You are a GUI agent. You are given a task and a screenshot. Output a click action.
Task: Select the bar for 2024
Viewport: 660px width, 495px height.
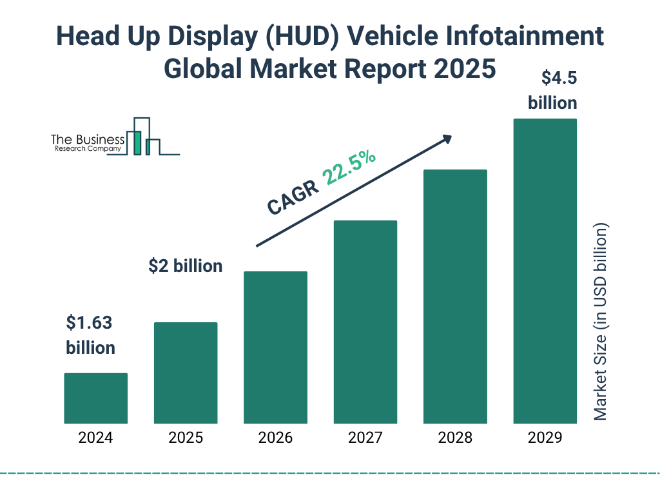95,398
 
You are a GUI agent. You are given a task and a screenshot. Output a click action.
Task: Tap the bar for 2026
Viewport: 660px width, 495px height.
275,347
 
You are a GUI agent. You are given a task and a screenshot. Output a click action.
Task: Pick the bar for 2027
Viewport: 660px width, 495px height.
365,322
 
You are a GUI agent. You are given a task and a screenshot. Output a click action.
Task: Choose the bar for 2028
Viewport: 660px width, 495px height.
455,296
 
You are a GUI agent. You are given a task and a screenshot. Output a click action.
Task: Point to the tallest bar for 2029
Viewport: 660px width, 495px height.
545,271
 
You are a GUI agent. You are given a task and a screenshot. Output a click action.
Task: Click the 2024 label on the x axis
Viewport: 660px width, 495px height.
95,438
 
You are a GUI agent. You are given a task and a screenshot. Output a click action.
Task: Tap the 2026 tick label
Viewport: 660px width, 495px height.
275,438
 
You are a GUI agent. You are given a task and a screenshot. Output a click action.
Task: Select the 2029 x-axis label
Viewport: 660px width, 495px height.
545,438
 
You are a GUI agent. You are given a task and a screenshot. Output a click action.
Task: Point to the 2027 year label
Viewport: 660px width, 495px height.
365,438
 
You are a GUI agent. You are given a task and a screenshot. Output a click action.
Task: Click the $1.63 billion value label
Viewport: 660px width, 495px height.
91,335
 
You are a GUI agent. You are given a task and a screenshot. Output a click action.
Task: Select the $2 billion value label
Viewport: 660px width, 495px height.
185,266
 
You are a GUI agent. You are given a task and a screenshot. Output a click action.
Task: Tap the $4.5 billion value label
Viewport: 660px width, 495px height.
552,90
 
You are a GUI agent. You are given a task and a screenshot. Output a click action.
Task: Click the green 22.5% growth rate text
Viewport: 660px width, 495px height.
349,168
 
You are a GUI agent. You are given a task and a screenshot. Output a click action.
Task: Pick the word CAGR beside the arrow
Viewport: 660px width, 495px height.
293,197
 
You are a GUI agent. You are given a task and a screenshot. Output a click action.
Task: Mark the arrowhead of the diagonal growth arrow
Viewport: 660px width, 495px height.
446,139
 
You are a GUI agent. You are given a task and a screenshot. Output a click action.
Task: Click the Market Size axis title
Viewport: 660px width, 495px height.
601,322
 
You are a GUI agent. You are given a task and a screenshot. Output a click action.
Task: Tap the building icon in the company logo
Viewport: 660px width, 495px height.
143,137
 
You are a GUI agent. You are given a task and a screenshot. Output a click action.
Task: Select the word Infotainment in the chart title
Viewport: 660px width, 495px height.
532,37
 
